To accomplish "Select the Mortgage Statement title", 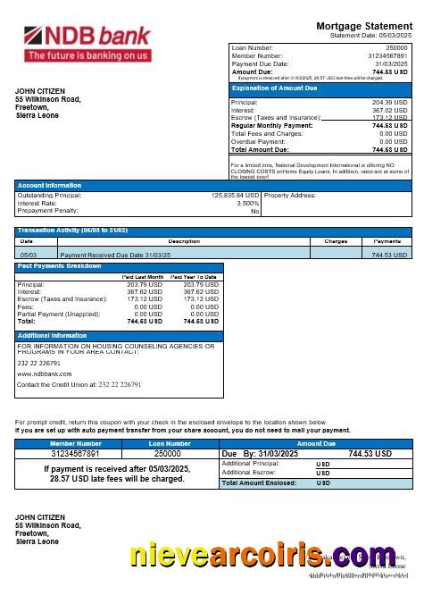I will click(366, 26).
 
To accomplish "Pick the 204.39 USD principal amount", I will click(389, 103).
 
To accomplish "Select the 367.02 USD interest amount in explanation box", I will click(389, 110).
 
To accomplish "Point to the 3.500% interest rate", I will click(247, 203).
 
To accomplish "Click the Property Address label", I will click(290, 195).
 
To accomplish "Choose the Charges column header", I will click(336, 241).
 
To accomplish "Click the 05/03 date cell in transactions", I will click(28, 255).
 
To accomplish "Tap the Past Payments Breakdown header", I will click(60, 266).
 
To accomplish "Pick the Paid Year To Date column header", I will click(194, 277).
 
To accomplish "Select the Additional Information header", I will click(53, 335).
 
